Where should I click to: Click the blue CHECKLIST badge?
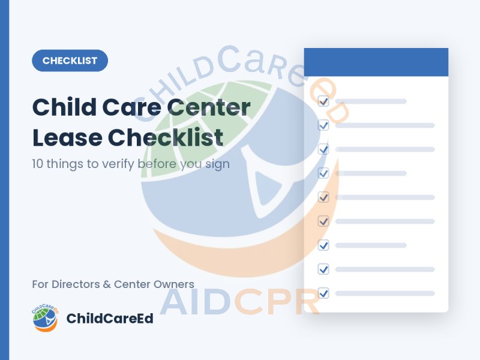[x=70, y=61]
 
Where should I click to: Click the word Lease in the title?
[x=67, y=137]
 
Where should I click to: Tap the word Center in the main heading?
[x=209, y=107]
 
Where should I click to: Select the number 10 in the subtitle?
[x=38, y=164]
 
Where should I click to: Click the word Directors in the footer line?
[x=76, y=284]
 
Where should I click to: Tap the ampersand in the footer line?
[x=107, y=284]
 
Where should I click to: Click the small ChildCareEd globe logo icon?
[x=45, y=318]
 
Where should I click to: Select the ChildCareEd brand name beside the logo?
[x=110, y=319]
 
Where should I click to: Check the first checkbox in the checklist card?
[x=323, y=101]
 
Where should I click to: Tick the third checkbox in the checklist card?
[x=323, y=149]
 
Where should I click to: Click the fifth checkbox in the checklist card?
[x=323, y=197]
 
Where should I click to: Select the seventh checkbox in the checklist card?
[x=323, y=245]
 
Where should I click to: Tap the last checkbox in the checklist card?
[x=323, y=293]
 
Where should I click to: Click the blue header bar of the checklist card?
[x=376, y=62]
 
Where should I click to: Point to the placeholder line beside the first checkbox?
[x=371, y=101]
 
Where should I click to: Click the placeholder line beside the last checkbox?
[x=385, y=293]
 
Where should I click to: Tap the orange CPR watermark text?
[x=277, y=302]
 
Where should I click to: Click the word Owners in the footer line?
[x=174, y=284]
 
